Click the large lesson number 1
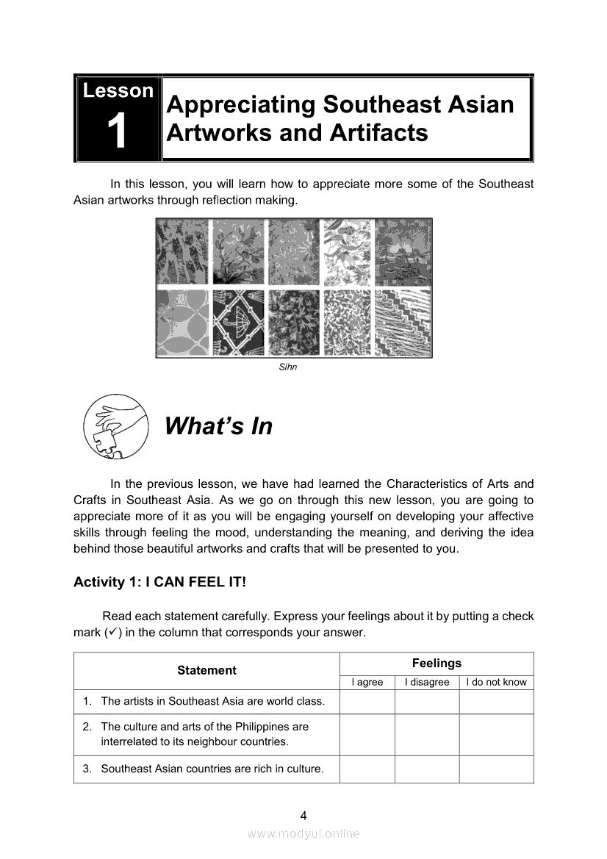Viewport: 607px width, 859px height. [x=118, y=134]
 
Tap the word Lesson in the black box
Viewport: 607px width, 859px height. [x=118, y=91]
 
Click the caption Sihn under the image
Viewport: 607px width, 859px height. [x=288, y=367]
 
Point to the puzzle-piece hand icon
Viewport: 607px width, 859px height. [x=115, y=426]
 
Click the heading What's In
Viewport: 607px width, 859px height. [x=218, y=426]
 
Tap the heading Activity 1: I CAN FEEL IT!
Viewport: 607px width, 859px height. [x=159, y=582]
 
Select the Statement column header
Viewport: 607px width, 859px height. [x=206, y=670]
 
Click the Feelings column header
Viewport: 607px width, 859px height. [x=437, y=663]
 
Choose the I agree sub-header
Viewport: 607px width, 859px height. [x=367, y=682]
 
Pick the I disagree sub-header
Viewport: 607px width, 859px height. [x=427, y=682]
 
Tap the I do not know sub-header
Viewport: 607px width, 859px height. [x=496, y=682]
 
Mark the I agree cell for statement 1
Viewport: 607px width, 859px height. [x=367, y=702]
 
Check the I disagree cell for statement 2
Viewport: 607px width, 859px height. [x=427, y=734]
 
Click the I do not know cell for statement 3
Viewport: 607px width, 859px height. [x=496, y=769]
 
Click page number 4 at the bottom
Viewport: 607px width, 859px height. [x=303, y=815]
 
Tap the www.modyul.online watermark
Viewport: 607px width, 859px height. [x=303, y=833]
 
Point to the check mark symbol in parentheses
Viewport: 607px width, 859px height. [x=108, y=632]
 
